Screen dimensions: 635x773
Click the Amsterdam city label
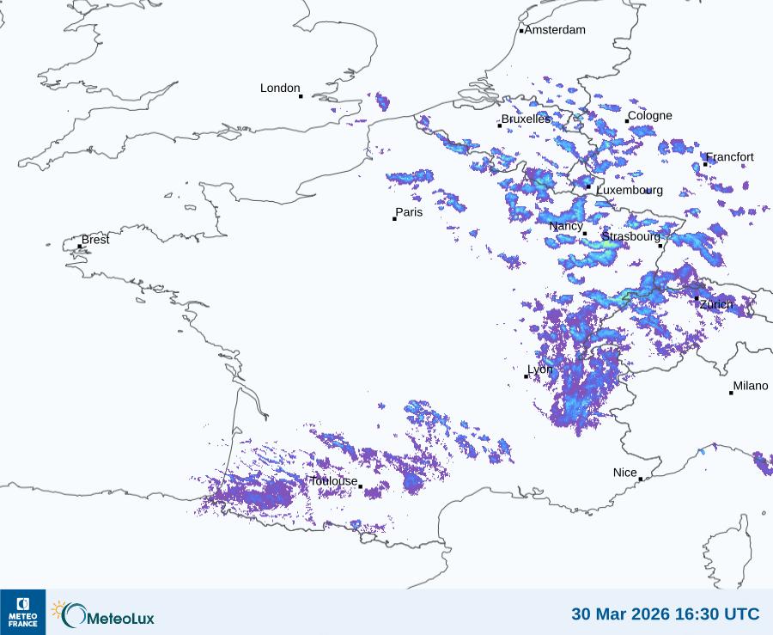tap(555, 30)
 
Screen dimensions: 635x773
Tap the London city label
tap(280, 89)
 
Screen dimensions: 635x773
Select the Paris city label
tap(409, 212)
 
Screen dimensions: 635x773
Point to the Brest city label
tap(95, 240)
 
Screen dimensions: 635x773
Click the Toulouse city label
tap(333, 481)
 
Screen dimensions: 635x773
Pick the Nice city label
tap(625, 473)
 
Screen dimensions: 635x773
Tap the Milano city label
tap(751, 387)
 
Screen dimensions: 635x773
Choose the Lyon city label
tap(540, 369)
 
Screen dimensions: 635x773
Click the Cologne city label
tap(650, 116)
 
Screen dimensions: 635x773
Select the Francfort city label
tap(730, 157)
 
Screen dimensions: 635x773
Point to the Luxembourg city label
tap(630, 190)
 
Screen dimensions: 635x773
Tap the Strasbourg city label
tap(630, 236)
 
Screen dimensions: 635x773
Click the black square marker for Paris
tap(395, 219)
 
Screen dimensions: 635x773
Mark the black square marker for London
tap(301, 96)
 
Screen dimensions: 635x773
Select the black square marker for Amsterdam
tap(521, 32)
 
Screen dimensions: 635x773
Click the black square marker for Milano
tap(732, 393)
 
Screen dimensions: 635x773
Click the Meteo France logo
tap(22, 612)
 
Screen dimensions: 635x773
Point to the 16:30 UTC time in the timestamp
tap(720, 614)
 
